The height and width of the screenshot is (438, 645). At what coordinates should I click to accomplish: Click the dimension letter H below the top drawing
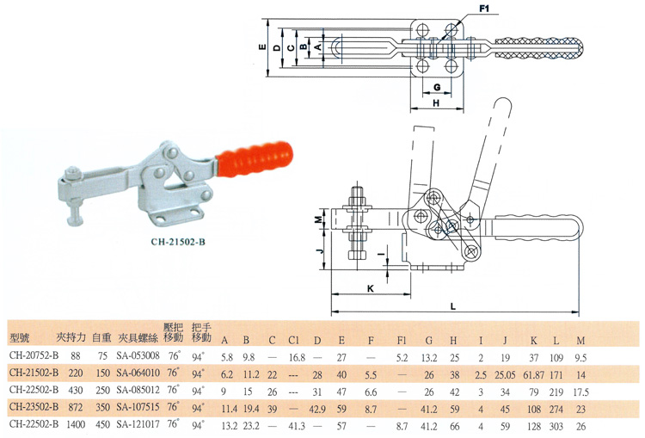point(436,102)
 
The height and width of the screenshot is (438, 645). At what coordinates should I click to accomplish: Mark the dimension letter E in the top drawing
point(261,49)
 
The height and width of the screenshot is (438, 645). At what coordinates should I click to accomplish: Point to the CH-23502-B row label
point(34,406)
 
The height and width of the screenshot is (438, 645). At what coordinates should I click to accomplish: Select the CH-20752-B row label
point(34,355)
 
